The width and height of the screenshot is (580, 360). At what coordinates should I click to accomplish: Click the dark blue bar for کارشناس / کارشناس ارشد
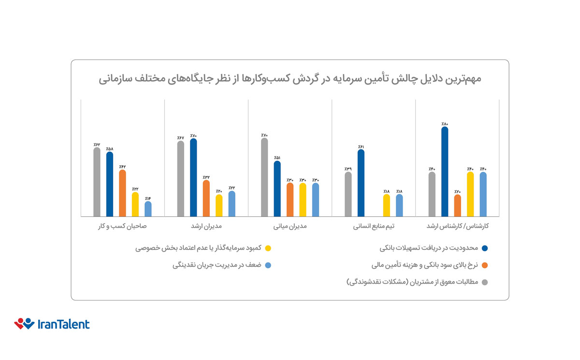[x=445, y=172]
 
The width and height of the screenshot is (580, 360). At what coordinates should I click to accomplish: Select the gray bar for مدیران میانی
[x=264, y=177]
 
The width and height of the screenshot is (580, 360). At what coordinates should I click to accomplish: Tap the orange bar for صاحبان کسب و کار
[x=122, y=193]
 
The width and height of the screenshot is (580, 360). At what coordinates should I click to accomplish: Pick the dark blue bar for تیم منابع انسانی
[x=361, y=183]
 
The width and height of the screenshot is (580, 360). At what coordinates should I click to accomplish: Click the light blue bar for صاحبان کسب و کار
[x=148, y=209]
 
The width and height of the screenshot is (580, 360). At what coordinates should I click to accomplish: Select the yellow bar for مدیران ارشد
[x=206, y=205]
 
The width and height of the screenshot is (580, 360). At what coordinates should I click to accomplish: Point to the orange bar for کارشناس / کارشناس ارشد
[x=457, y=205]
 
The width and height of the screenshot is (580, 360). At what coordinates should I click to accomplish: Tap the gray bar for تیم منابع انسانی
[x=348, y=194]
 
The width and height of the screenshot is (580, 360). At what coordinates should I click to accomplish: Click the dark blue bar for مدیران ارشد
[x=193, y=177]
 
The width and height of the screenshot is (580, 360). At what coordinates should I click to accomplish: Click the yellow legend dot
[x=268, y=248]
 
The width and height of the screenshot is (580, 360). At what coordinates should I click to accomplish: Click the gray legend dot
[x=485, y=282]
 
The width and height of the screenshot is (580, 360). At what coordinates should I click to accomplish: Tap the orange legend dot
[x=485, y=265]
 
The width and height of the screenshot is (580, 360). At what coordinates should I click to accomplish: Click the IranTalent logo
[x=52, y=324]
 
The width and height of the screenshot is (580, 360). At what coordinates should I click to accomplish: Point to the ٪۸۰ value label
[x=445, y=124]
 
